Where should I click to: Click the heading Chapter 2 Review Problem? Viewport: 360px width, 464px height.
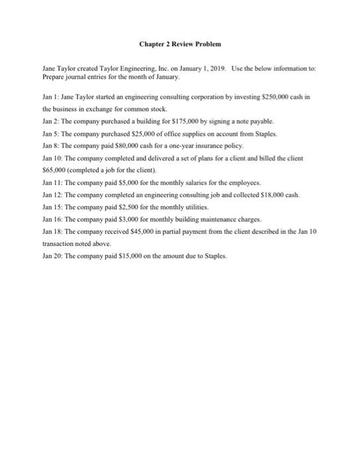(x=180, y=44)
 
